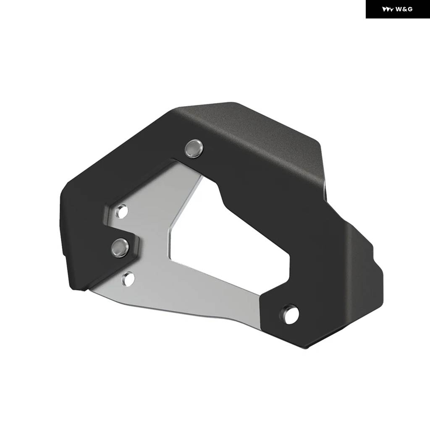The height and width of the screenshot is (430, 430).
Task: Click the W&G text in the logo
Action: (404, 9)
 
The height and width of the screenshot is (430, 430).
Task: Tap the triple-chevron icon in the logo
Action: (388, 9)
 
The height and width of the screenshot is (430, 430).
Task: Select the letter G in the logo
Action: (410, 9)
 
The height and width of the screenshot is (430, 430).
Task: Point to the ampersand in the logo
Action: (404, 9)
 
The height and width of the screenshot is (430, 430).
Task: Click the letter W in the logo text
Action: (399, 9)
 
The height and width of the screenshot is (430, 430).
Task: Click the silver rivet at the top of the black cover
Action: (194, 148)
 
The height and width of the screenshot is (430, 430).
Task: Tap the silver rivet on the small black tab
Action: (120, 248)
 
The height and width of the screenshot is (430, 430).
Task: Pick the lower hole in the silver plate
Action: (128, 278)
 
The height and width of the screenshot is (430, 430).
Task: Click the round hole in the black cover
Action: (290, 314)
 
